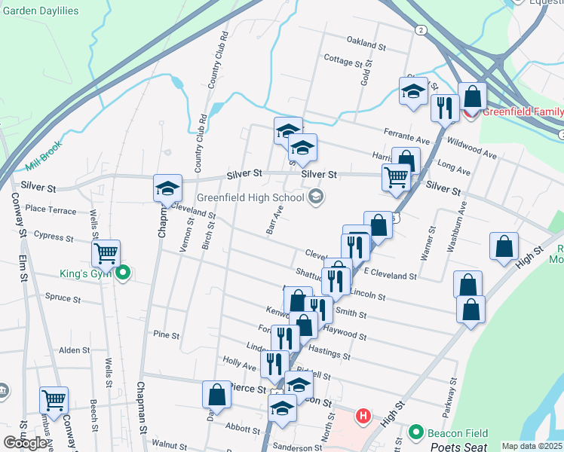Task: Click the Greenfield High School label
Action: [x=250, y=198]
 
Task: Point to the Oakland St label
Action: [x=366, y=44]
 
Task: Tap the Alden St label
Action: [x=75, y=350]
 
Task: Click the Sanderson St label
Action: [x=297, y=447]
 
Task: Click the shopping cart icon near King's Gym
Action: [x=106, y=252]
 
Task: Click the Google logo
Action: [x=25, y=443]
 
